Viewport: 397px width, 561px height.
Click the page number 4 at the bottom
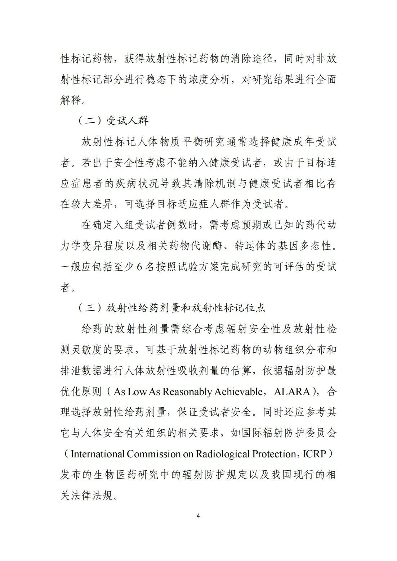198,516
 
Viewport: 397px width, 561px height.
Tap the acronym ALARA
292,392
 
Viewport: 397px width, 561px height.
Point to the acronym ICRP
315,454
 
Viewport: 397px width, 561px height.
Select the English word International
98,454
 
